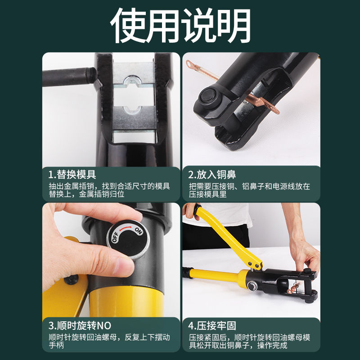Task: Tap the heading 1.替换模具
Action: click(x=72, y=174)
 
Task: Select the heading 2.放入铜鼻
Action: click(x=212, y=174)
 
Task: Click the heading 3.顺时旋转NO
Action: click(x=80, y=325)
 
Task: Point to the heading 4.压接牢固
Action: click(x=212, y=325)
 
